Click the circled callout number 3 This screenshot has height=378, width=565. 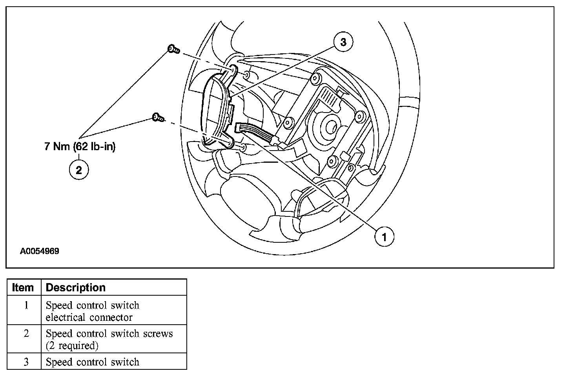click(x=343, y=42)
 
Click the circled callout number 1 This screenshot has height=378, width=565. click(x=384, y=236)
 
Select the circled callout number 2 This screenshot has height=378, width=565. click(x=79, y=170)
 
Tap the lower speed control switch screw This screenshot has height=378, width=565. click(x=158, y=117)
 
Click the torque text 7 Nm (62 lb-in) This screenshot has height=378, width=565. click(x=80, y=147)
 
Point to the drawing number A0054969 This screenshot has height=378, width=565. click(x=40, y=251)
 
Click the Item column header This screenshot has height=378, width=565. click(x=23, y=287)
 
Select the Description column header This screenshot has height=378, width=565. click(x=76, y=287)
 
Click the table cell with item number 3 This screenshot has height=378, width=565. click(x=26, y=362)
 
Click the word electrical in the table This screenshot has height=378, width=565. click(x=66, y=317)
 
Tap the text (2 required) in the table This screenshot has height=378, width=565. click(x=72, y=346)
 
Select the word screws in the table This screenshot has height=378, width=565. click(x=158, y=334)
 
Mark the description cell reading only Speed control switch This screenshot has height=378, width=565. click(x=93, y=362)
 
